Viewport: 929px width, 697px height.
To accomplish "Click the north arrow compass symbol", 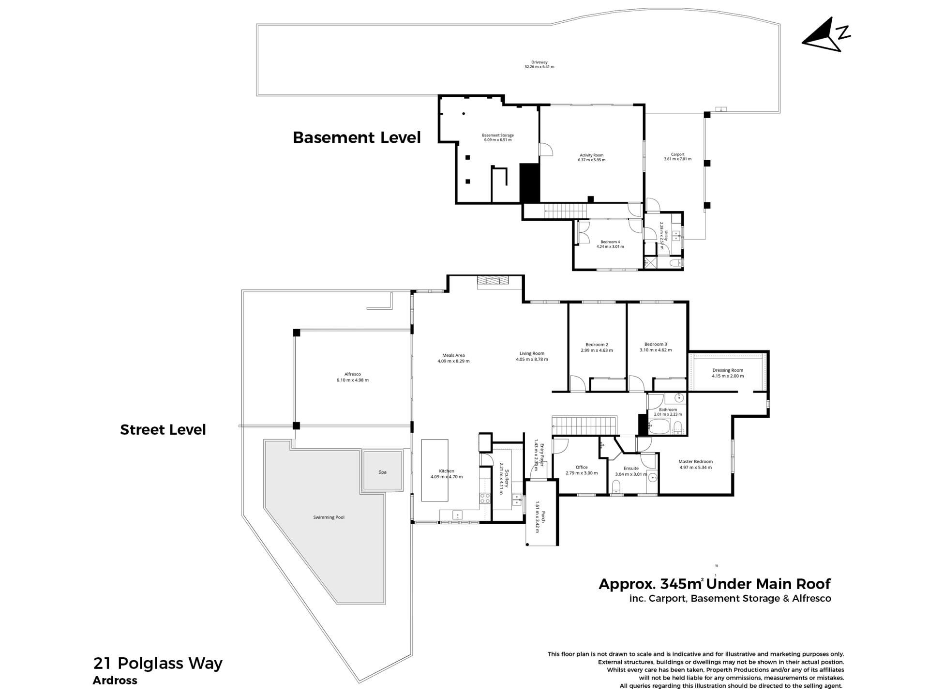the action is [825, 34].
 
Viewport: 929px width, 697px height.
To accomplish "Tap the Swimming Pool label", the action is [329, 517].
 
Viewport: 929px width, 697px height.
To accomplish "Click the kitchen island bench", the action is [435, 470].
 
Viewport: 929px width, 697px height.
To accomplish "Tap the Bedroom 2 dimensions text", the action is [597, 350].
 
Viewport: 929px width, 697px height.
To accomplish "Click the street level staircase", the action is [585, 425].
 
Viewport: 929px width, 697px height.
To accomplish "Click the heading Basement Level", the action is [357, 137].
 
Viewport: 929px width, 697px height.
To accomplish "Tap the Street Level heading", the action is [163, 430].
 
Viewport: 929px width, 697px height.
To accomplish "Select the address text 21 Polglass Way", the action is [158, 663].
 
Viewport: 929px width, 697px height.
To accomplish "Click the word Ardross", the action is [115, 681].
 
